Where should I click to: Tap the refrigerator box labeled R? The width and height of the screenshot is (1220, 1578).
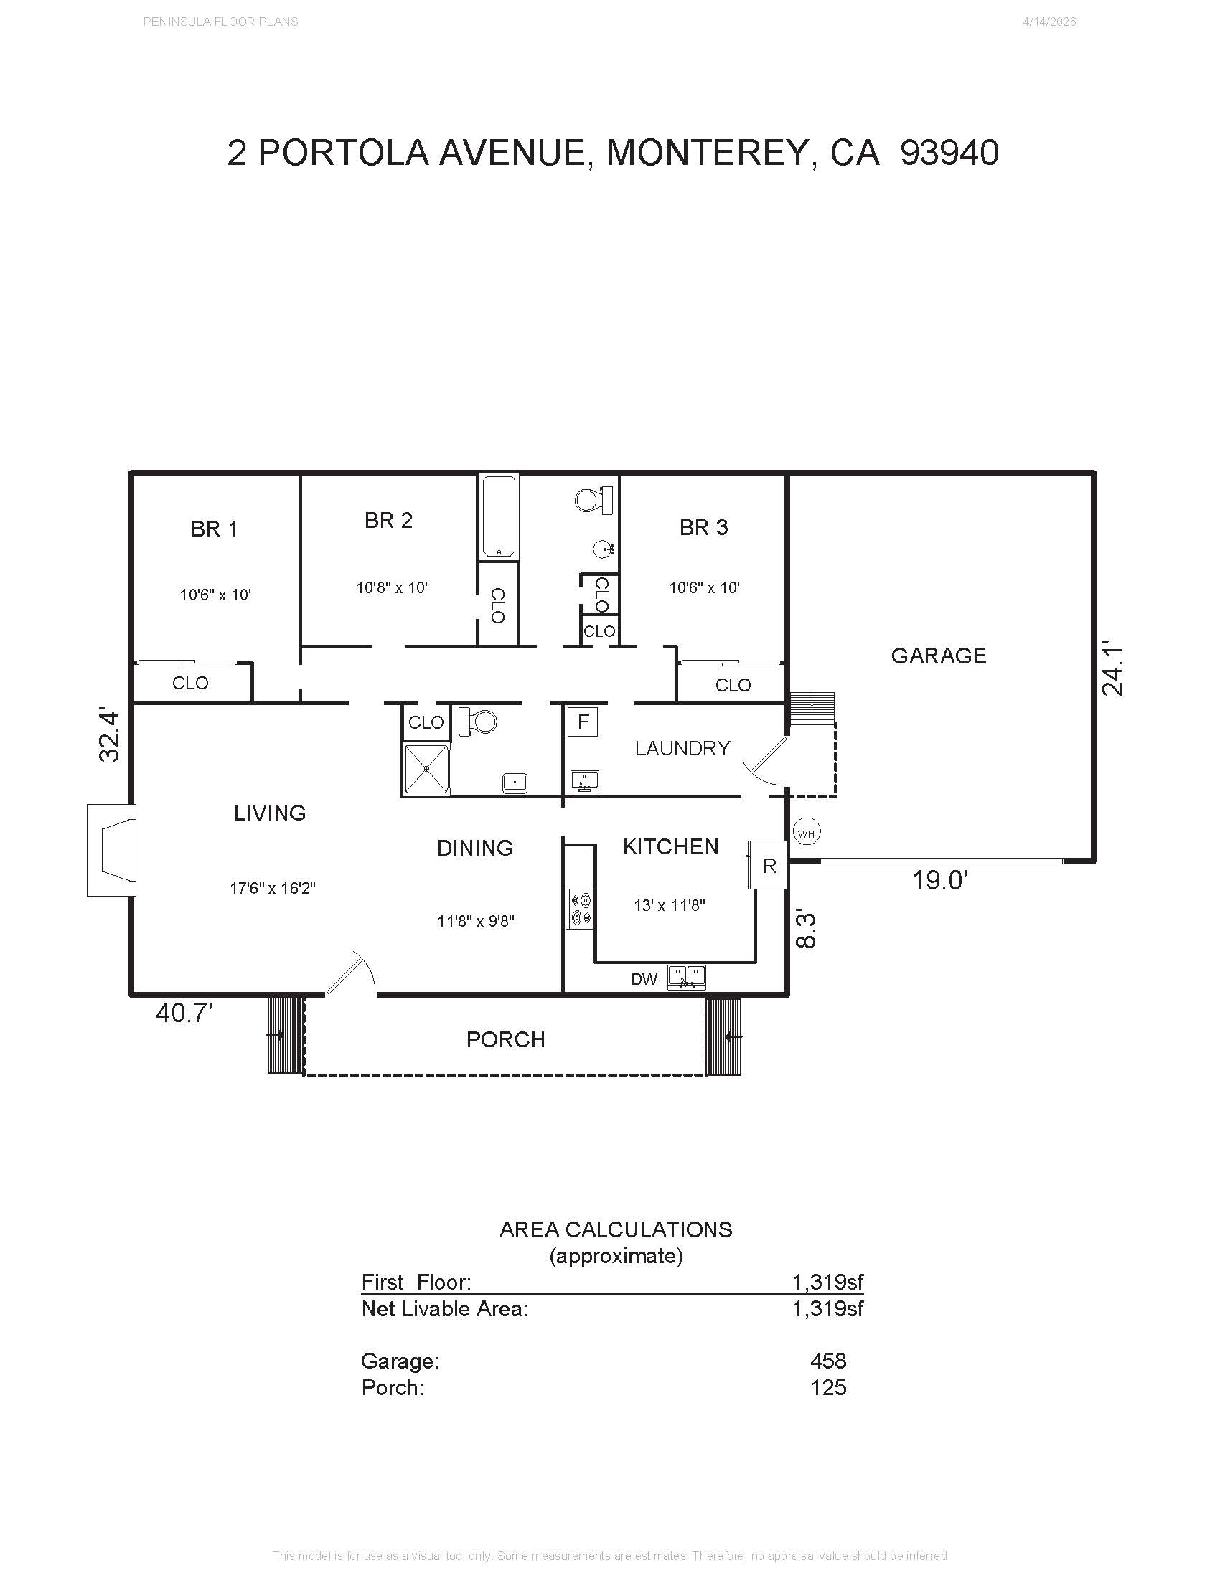(x=768, y=866)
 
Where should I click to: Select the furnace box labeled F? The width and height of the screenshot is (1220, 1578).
(x=583, y=722)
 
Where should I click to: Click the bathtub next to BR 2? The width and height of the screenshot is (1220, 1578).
(x=499, y=516)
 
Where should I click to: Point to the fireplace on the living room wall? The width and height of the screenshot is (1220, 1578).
(x=111, y=851)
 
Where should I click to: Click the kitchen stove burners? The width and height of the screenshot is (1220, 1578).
(x=581, y=909)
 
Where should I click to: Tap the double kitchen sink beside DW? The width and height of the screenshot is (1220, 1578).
(x=686, y=977)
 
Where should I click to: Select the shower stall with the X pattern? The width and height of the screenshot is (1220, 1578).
(x=426, y=770)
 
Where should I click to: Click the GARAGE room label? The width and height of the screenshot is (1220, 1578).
(x=938, y=656)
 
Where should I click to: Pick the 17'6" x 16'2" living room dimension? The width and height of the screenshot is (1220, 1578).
(x=273, y=888)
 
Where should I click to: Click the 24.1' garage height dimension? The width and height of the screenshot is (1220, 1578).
(x=1112, y=670)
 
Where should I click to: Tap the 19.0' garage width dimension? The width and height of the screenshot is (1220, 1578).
(x=939, y=881)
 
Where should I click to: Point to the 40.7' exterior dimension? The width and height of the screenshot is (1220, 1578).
(x=184, y=1013)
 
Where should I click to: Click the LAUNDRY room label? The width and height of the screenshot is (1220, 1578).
(x=682, y=748)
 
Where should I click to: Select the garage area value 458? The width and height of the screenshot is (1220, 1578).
(x=828, y=1361)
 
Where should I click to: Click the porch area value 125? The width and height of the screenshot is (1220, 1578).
(x=828, y=1387)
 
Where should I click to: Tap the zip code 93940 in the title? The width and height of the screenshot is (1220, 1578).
(x=949, y=153)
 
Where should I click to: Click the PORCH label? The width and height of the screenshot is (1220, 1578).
(x=506, y=1040)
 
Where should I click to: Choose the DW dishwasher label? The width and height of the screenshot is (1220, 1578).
(x=644, y=979)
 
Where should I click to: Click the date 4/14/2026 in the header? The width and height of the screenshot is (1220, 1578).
(x=1049, y=22)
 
